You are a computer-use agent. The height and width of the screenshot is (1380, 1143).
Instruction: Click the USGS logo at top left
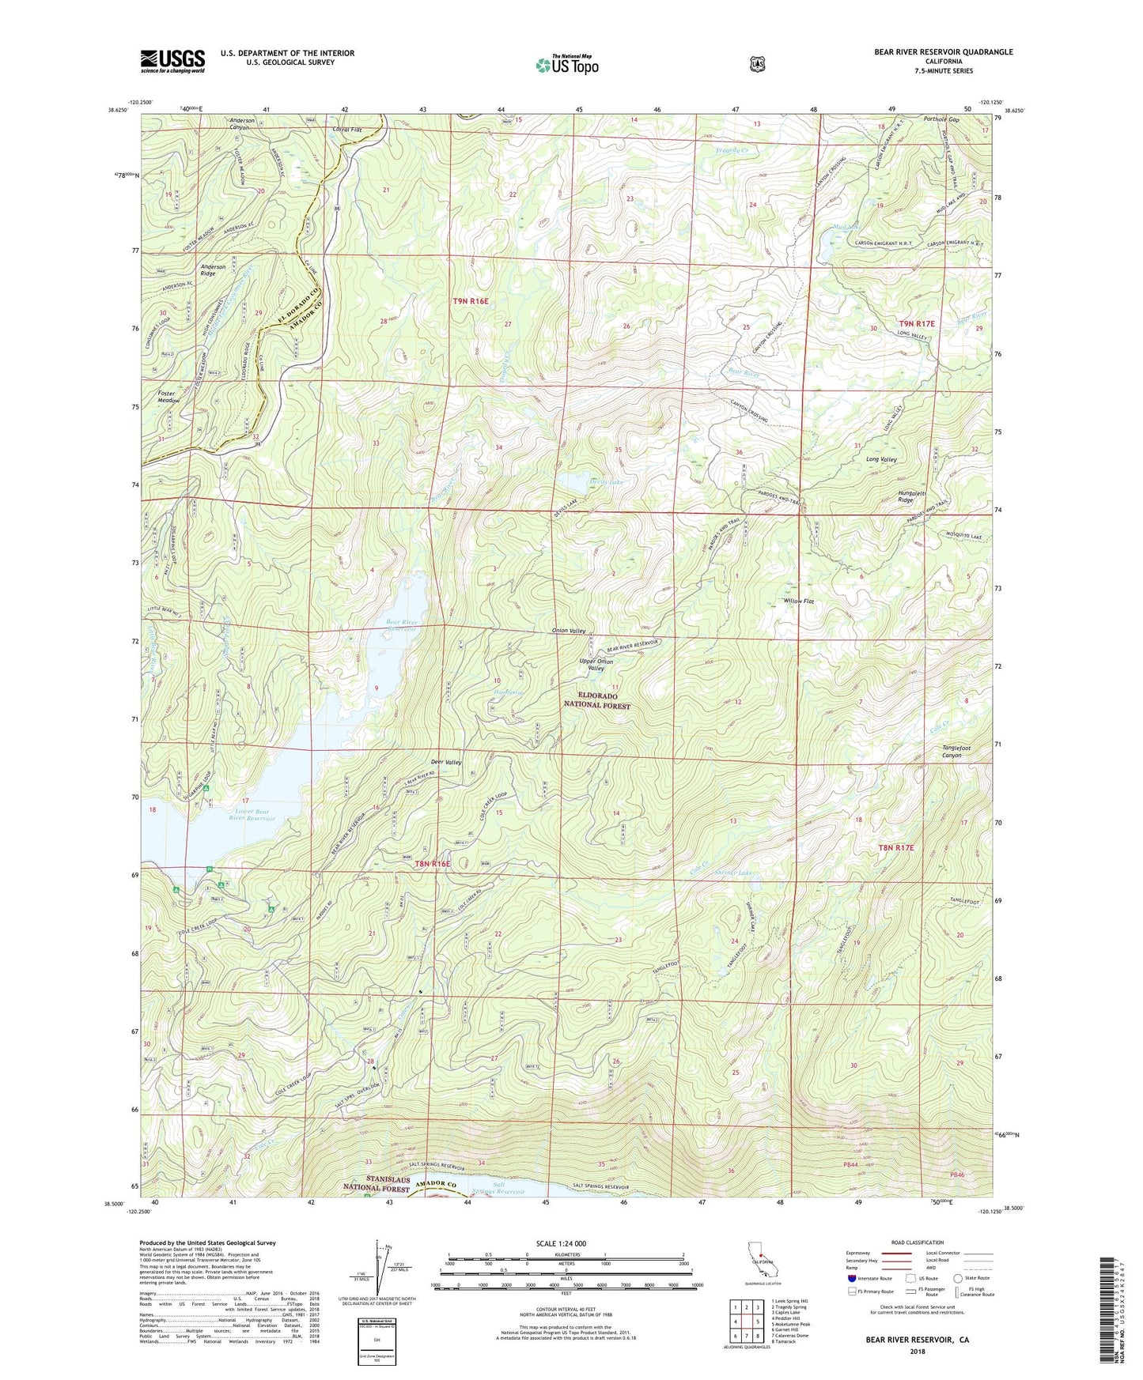(172, 60)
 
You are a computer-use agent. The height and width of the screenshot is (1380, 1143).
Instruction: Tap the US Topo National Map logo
(566, 64)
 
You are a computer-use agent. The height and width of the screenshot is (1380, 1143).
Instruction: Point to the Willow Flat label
(799, 601)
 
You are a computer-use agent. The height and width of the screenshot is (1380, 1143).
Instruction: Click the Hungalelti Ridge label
(917, 496)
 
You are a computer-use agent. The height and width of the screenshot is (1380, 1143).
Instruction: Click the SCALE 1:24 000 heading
(561, 1243)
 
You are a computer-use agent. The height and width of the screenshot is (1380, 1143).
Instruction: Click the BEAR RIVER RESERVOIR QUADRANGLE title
(943, 52)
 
